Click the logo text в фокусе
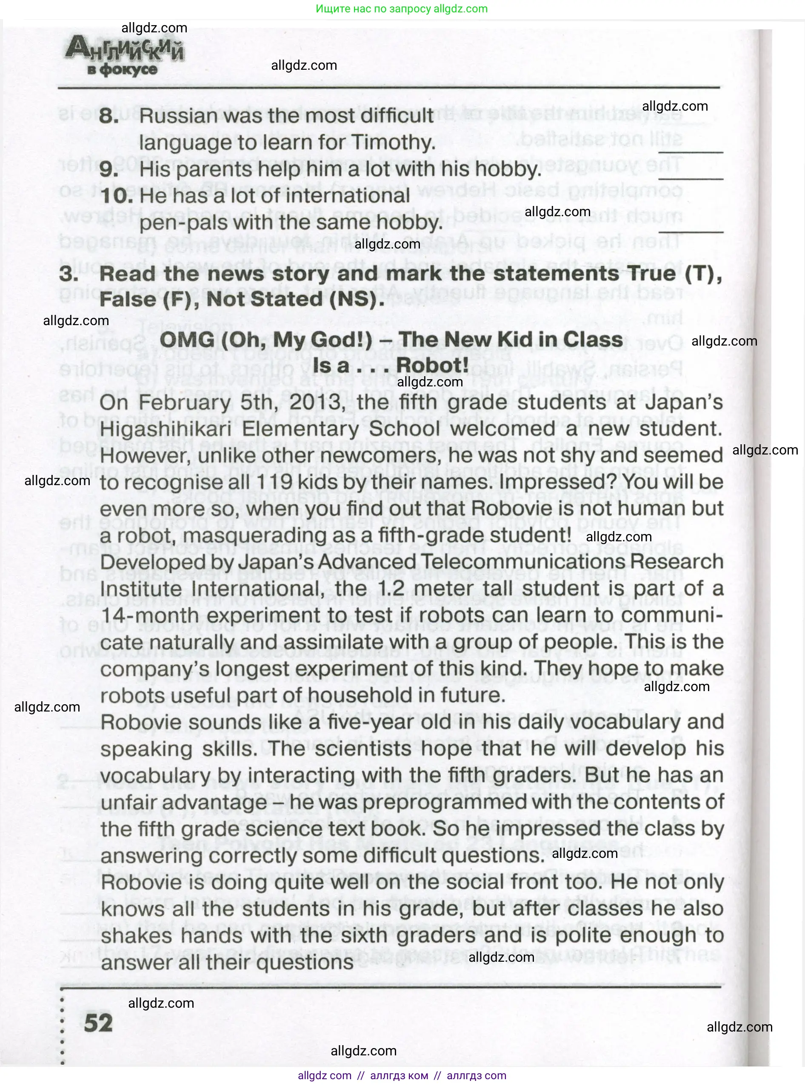pos(122,70)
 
